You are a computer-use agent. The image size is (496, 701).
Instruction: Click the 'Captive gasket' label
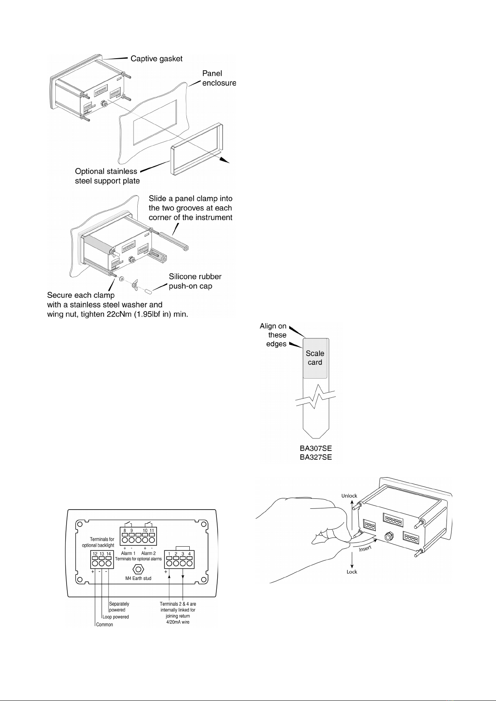tap(156, 59)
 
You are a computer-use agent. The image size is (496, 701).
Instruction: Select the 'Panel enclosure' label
tap(219, 78)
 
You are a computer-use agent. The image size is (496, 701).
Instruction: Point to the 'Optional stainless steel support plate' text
tap(107, 176)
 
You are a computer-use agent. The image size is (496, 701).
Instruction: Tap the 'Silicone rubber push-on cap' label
tap(195, 281)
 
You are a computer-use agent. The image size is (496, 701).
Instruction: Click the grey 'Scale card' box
tap(315, 358)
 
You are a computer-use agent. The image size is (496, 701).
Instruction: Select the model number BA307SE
tap(316, 449)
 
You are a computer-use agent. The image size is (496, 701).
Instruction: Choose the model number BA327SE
tap(316, 458)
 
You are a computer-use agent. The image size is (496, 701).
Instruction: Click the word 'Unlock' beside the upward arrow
tap(350, 496)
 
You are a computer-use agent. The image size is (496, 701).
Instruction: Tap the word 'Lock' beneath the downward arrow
tap(352, 572)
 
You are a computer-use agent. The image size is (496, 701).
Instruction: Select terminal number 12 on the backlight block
tap(95, 554)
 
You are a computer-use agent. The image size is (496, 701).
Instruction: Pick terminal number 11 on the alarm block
tap(152, 530)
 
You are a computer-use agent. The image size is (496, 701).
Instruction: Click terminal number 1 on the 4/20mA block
tap(169, 554)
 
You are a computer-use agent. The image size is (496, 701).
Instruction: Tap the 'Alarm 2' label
tap(149, 553)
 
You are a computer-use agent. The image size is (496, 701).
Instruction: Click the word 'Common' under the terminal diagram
tap(104, 624)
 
